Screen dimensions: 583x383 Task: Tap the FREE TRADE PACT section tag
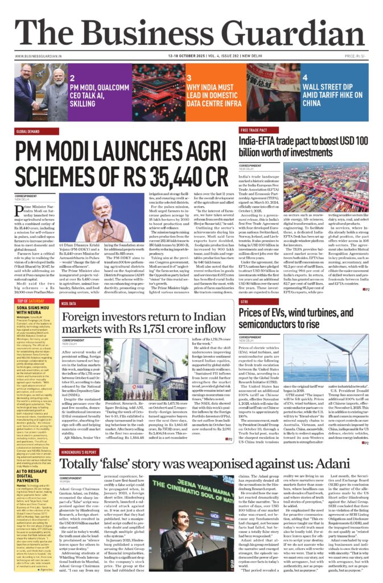[254, 130]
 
